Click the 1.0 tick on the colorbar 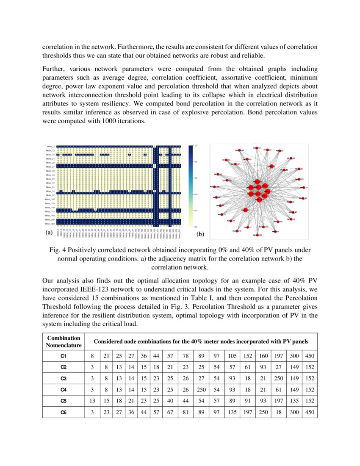tap(195, 146)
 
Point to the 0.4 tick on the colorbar tap(195, 194)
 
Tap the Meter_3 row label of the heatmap tap(51, 146)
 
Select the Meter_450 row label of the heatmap tap(50, 223)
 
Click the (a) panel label tap(49, 233)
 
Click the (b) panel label tap(200, 233)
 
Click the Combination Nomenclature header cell tap(64, 342)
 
